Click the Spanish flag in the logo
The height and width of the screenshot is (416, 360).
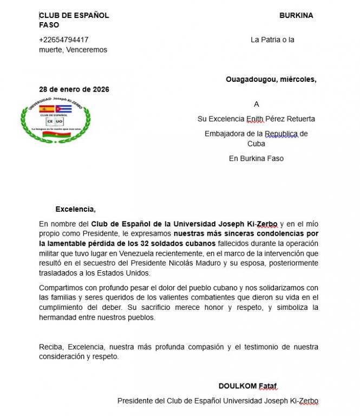pos(47,109)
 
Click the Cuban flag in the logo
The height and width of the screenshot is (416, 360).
pos(64,109)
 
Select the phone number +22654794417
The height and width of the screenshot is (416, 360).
pos(64,40)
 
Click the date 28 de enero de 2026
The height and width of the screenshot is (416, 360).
pos(74,89)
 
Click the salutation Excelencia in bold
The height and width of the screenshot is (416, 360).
pos(75,209)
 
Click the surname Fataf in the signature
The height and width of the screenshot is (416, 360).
pos(268,386)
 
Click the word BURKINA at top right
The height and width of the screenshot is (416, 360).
pos(296,16)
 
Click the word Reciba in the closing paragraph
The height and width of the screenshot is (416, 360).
pos(50,347)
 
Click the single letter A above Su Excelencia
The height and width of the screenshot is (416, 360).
pos(257,104)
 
